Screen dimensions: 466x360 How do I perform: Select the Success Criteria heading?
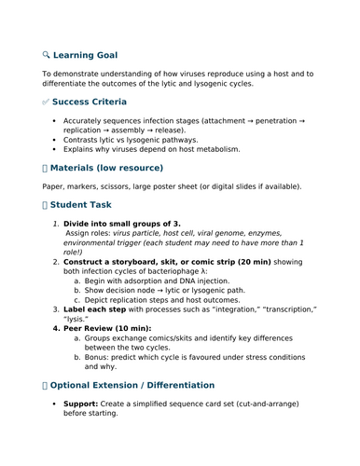(90, 102)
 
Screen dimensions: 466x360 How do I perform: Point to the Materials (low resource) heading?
(107, 168)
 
